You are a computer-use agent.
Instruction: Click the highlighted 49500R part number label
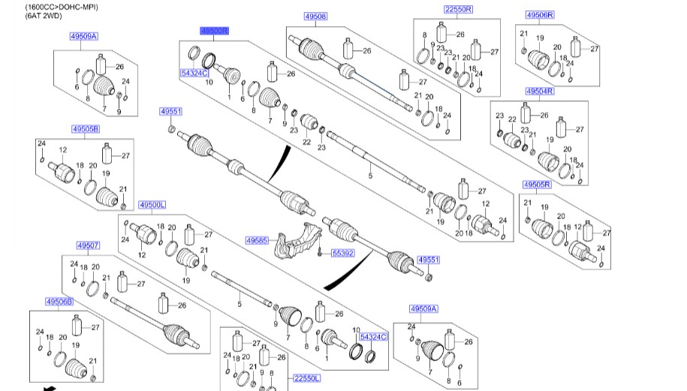tap(214, 31)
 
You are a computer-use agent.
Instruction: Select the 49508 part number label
tap(315, 17)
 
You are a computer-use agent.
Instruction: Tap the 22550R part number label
tap(458, 9)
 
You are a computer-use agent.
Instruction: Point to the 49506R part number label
tap(540, 15)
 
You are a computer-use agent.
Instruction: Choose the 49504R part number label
tap(540, 91)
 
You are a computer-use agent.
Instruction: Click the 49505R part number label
tap(537, 185)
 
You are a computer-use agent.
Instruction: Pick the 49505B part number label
tap(86, 129)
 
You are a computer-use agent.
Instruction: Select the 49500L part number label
tap(152, 204)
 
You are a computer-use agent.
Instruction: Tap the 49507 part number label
tap(88, 245)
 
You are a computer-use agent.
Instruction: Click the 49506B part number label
tap(59, 302)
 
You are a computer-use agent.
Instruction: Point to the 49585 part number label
tap(257, 240)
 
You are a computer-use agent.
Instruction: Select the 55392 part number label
tap(342, 253)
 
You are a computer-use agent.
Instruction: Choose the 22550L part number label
tap(306, 377)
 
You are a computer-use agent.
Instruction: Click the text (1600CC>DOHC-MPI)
tap(62, 7)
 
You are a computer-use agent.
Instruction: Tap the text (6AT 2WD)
tap(44, 16)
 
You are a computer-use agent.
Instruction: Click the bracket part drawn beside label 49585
tap(298, 243)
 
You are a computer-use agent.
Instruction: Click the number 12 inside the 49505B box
tap(63, 150)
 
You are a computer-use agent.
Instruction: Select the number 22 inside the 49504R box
tap(512, 119)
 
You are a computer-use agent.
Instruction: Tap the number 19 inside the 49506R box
tap(540, 38)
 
